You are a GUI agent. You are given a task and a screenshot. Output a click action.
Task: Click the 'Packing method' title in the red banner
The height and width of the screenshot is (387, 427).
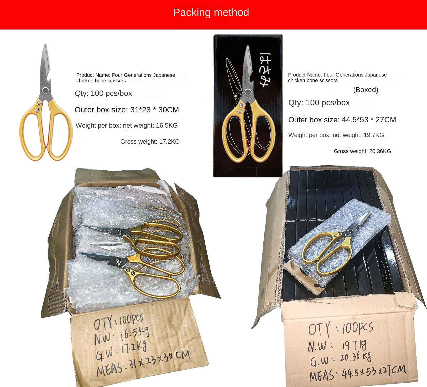pyautogui.click(x=211, y=12)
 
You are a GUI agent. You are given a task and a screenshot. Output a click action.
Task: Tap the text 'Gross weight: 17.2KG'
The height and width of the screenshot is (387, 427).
pyautogui.click(x=150, y=142)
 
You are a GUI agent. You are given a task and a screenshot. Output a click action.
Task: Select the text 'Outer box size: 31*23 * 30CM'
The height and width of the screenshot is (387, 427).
pyautogui.click(x=127, y=110)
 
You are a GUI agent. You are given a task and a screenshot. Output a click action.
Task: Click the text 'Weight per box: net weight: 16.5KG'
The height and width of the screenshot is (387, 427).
pyautogui.click(x=126, y=125)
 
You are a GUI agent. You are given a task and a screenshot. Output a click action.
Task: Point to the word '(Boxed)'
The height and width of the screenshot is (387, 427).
pyautogui.click(x=366, y=90)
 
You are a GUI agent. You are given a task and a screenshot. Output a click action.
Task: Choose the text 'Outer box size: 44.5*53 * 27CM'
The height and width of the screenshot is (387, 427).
pyautogui.click(x=342, y=120)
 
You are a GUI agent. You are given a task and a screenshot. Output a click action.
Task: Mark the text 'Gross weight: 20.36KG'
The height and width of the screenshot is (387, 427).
pyautogui.click(x=362, y=151)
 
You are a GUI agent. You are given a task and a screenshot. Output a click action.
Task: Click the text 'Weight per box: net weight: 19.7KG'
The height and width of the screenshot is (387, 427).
pyautogui.click(x=336, y=135)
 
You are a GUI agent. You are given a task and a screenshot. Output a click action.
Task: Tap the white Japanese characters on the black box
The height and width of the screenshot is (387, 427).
pyautogui.click(x=266, y=70)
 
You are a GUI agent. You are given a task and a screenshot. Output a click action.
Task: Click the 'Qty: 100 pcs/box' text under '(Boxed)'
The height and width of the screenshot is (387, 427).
pyautogui.click(x=319, y=103)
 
